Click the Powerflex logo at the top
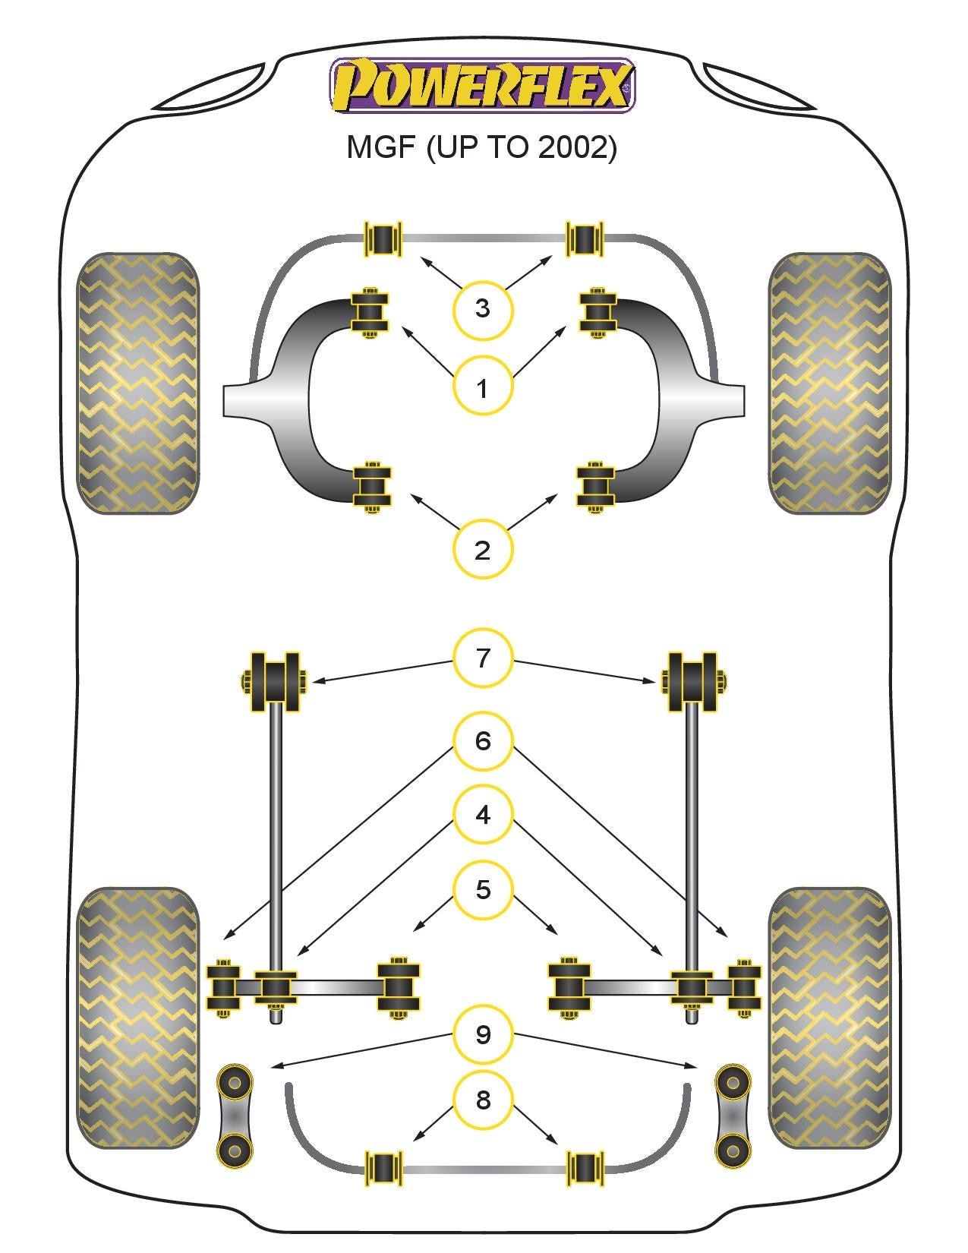click(x=482, y=85)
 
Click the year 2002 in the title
click(x=575, y=147)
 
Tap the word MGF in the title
click(x=382, y=147)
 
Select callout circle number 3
click(x=482, y=308)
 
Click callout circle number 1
click(x=482, y=388)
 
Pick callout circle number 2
click(x=482, y=549)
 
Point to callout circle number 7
click(x=483, y=658)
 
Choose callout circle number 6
click(x=483, y=740)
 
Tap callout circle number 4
click(x=483, y=815)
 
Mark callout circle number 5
click(x=483, y=889)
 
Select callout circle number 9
click(x=483, y=1034)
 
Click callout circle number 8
click(x=483, y=1099)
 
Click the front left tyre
click(x=138, y=383)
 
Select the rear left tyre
click(x=138, y=1018)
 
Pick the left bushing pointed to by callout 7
click(x=274, y=682)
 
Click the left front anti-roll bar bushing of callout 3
click(x=383, y=238)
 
